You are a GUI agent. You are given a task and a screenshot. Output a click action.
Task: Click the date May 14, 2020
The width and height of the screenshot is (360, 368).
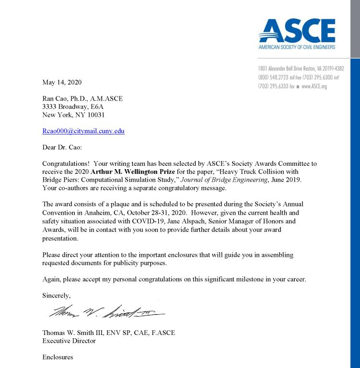62,82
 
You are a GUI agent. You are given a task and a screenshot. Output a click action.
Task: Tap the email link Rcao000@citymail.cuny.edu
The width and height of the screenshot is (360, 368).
83,131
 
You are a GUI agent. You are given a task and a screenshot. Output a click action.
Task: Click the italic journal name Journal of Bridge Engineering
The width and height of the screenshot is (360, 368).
224,180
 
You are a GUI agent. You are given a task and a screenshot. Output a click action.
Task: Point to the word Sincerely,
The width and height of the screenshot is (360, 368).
57,295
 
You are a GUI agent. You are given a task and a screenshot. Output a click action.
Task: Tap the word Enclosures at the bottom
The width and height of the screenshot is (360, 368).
58,357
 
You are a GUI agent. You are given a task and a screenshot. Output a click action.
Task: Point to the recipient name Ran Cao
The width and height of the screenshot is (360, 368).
56,99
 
